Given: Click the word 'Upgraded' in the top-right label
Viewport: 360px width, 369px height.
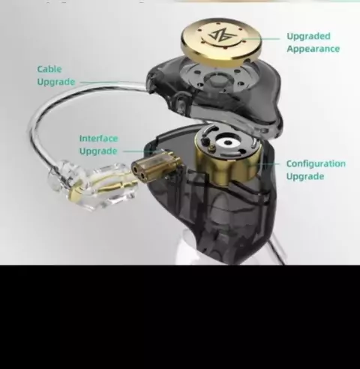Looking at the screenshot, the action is [308, 37].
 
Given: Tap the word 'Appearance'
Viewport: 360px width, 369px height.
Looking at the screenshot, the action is [313, 49].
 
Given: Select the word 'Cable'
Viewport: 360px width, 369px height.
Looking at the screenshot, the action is [49, 69].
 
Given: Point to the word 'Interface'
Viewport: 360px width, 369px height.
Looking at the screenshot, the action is [98, 138].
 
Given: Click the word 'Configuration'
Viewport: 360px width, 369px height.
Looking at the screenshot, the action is [316, 163].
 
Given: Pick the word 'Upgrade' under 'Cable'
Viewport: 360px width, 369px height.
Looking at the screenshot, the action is [56, 82].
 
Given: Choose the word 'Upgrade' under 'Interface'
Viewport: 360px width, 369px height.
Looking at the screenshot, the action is [98, 151].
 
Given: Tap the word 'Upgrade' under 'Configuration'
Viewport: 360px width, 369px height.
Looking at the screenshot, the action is [305, 176].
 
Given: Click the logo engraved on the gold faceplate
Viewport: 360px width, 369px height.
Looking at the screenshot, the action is [220, 36].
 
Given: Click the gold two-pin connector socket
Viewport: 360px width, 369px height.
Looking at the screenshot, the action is [157, 166].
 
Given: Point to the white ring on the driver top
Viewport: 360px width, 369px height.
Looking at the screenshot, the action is [228, 143].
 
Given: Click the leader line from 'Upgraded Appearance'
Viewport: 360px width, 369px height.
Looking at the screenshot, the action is [261, 39].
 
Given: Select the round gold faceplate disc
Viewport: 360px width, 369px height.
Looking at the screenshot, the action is [221, 40].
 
